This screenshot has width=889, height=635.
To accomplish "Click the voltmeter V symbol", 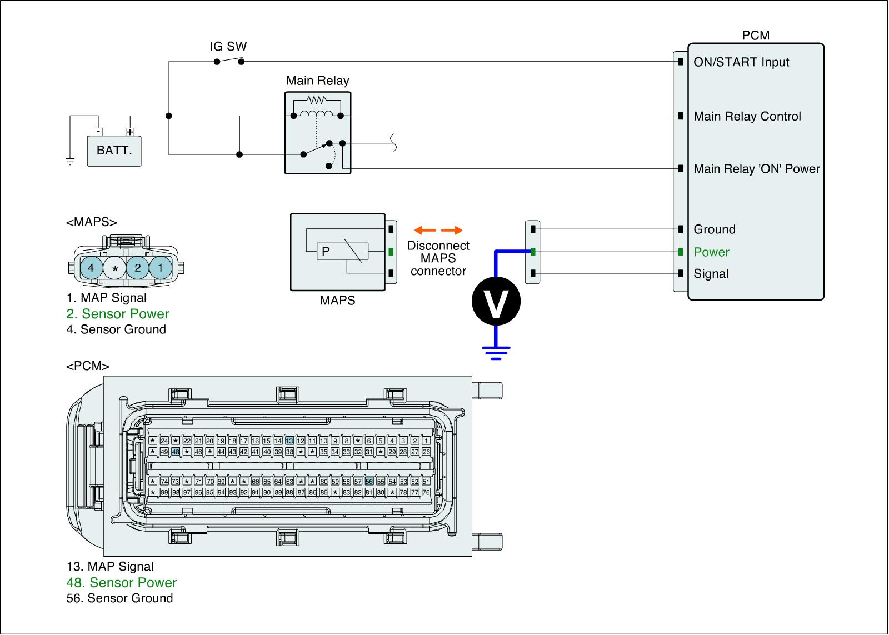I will coord(496,301).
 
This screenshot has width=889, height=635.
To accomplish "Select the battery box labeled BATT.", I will coord(114,151).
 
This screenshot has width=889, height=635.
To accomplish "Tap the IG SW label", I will coord(228,46).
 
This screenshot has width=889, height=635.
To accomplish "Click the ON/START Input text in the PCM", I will coord(741,62).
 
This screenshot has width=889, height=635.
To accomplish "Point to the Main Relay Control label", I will coord(747,116).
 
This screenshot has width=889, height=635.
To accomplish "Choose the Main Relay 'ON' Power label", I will coord(756,168).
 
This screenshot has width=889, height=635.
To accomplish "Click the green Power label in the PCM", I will coord(711,252).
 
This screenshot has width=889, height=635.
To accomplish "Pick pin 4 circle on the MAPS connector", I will coord(91,268).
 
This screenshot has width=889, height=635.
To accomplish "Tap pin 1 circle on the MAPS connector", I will coord(161,268).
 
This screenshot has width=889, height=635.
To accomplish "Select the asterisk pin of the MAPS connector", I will coord(115,269).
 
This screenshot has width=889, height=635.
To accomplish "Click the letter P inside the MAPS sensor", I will coord(326,251).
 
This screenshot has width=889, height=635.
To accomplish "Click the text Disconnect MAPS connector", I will coord(438,258).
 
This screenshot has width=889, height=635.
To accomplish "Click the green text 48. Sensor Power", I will coord(121,582).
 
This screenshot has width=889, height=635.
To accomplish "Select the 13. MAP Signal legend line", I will coord(110,567).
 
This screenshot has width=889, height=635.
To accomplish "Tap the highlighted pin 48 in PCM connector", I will coord(176,452).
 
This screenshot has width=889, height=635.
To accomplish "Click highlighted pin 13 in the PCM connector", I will coord(289,441).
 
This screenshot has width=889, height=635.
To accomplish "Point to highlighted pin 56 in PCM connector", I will coord(369,482).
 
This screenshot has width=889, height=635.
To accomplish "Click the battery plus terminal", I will coord(129,132).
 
